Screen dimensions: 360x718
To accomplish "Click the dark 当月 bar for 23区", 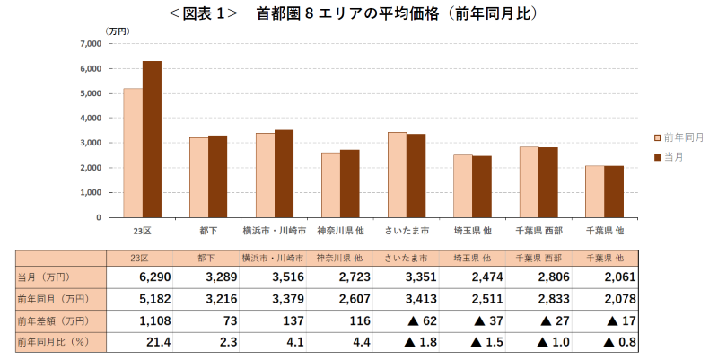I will click(152, 139).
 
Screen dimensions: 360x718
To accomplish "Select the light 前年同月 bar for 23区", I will click(133, 153).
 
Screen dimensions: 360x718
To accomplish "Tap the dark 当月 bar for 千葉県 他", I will click(614, 191).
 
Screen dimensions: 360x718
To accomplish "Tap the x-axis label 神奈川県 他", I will click(340, 231).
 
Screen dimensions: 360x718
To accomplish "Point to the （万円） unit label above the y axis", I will click(118, 31).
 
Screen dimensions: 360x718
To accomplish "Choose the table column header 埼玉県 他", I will click(473, 258).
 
